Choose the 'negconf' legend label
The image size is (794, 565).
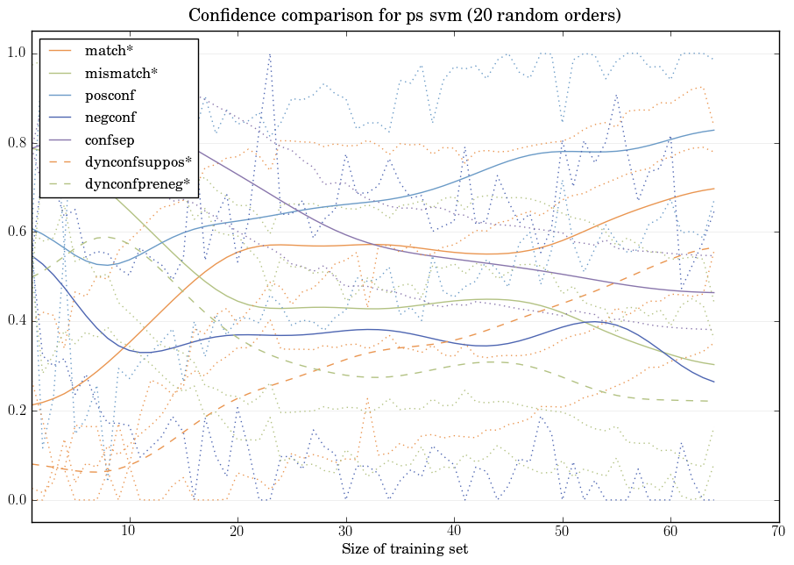pos(110,117)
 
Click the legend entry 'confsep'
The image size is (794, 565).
pos(109,139)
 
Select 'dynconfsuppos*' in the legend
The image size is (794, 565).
pos(138,161)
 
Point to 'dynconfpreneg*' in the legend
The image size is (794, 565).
pos(138,183)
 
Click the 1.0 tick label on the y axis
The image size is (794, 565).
pos(17,54)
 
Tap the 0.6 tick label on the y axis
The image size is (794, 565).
pos(17,232)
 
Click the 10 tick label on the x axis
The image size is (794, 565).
pos(129,531)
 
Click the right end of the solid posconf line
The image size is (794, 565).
pos(714,130)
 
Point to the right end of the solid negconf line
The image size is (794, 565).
pos(714,382)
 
